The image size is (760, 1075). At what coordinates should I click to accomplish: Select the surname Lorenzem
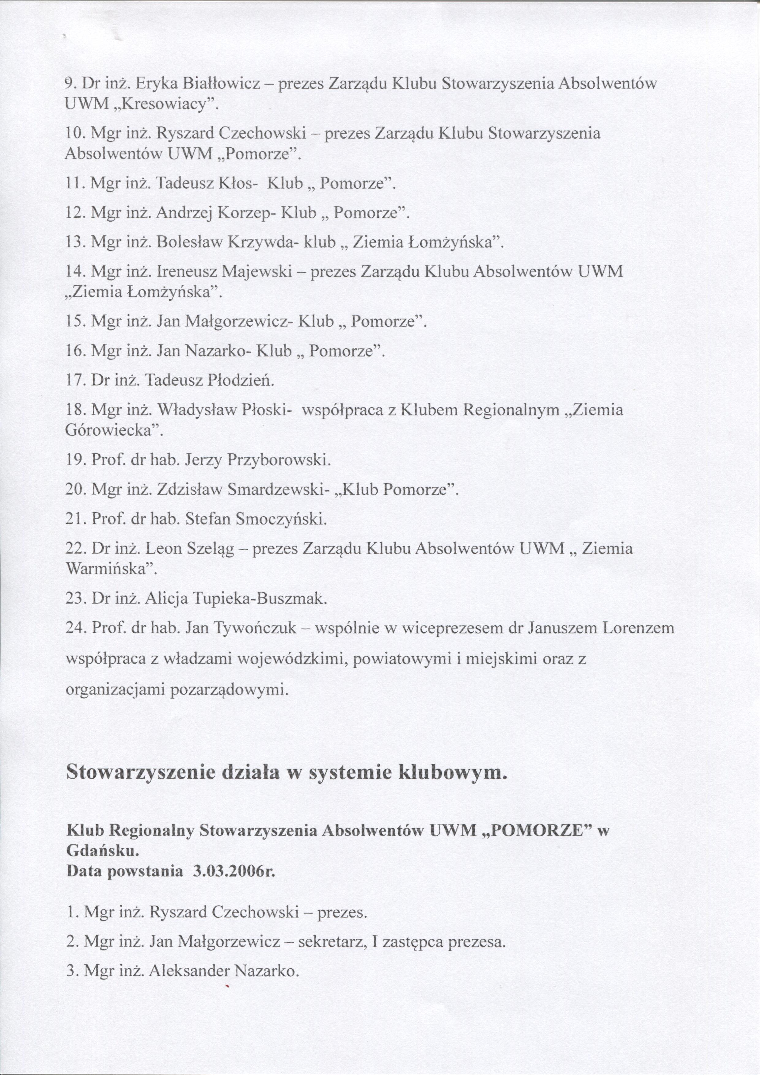pyautogui.click(x=638, y=628)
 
